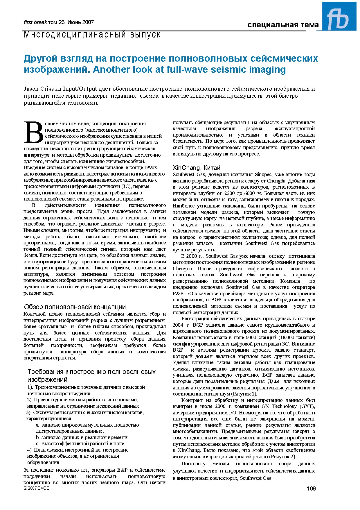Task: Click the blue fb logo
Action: coord(339,17)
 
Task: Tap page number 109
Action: coord(311,488)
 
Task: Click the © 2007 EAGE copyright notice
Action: coord(36,488)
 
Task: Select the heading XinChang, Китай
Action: coord(197,168)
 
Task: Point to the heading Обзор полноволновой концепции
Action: coord(75,307)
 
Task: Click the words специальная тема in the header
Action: coord(283,25)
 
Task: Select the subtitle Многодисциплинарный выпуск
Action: coord(92,35)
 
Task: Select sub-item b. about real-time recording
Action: coord(82,437)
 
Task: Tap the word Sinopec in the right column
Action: coord(262,175)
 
